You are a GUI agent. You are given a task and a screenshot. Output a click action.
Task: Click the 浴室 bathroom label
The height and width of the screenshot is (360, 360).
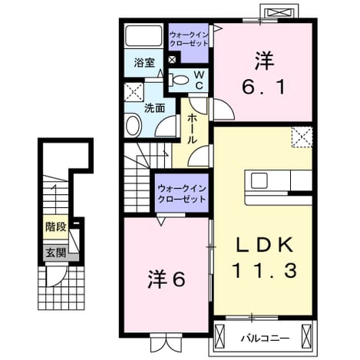(x=144, y=63)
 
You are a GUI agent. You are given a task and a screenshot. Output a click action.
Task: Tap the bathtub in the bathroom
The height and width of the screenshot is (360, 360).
(x=144, y=35)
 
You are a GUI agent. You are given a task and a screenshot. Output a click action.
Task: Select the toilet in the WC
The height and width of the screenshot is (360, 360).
(x=179, y=80)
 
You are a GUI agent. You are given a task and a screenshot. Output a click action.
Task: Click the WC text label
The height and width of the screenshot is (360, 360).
(x=199, y=80)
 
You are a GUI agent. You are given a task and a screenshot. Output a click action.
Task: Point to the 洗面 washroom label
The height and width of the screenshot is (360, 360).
(x=154, y=108)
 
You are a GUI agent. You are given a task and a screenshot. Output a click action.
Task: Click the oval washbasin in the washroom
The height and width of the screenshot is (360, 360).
(x=133, y=126)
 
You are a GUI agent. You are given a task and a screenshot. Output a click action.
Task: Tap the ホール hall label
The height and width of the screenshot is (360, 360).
(x=193, y=129)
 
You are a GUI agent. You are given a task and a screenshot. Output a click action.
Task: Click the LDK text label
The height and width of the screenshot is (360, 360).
(x=264, y=246)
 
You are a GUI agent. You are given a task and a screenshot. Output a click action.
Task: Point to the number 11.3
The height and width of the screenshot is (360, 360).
(x=264, y=271)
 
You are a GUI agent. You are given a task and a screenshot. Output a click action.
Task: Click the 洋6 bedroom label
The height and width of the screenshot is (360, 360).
(x=167, y=279)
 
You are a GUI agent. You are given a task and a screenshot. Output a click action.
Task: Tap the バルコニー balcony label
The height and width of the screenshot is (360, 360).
(x=266, y=339)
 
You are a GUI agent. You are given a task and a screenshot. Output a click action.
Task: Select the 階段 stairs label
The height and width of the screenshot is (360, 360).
(x=56, y=227)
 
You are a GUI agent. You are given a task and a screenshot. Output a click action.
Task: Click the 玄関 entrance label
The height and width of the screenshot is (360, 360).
(x=56, y=253)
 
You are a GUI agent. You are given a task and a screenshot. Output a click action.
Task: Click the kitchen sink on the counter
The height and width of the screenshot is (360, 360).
(x=259, y=180)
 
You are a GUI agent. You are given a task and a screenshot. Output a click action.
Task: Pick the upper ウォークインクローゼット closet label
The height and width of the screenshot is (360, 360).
(x=189, y=38)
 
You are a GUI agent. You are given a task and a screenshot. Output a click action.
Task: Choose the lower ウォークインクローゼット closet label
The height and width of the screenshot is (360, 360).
(x=182, y=194)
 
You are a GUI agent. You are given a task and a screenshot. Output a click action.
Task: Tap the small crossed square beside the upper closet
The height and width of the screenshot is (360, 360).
(x=172, y=59)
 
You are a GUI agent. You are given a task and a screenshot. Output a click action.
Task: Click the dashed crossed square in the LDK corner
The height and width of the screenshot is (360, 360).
(x=302, y=137)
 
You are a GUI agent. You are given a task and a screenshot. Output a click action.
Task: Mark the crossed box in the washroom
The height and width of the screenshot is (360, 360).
(x=134, y=92)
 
